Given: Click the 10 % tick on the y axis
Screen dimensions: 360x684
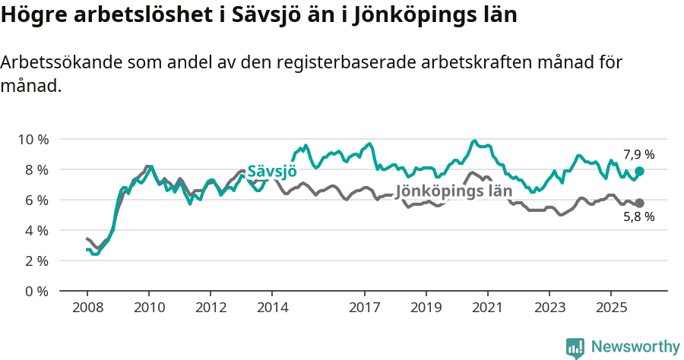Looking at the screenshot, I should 33,139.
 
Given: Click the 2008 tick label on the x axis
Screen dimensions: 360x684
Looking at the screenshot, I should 87,308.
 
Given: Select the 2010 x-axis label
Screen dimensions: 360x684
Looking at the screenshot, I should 149,308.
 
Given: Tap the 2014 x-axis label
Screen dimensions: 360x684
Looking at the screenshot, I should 272,308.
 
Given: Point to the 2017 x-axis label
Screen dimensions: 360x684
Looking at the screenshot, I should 365,308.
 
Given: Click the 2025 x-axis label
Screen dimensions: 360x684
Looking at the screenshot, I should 611,308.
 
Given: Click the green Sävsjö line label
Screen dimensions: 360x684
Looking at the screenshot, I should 272,171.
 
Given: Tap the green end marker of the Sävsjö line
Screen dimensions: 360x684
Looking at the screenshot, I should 640,172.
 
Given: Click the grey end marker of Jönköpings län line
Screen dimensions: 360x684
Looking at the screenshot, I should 640,203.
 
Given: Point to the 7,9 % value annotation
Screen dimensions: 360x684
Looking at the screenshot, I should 639,155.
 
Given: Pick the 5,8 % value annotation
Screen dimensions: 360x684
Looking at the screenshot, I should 639,217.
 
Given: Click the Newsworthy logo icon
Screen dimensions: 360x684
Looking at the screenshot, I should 575,348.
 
